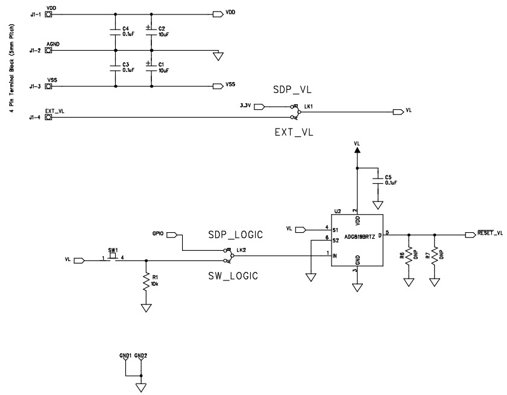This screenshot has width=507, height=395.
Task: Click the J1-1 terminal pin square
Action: tap(49, 13)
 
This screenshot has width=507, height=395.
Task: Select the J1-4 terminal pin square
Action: tap(49, 117)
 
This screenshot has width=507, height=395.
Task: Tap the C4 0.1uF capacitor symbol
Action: tap(113, 31)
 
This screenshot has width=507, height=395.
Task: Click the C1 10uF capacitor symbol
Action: tap(150, 67)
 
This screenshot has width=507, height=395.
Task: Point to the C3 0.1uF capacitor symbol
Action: tap(113, 67)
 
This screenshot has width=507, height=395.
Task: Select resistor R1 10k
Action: tap(145, 282)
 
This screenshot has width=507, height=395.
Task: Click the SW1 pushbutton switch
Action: tap(112, 257)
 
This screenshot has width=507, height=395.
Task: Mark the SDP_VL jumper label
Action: tap(292, 90)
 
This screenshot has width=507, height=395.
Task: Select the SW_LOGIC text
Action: tap(232, 276)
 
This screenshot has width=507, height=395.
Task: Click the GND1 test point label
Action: tap(125, 355)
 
